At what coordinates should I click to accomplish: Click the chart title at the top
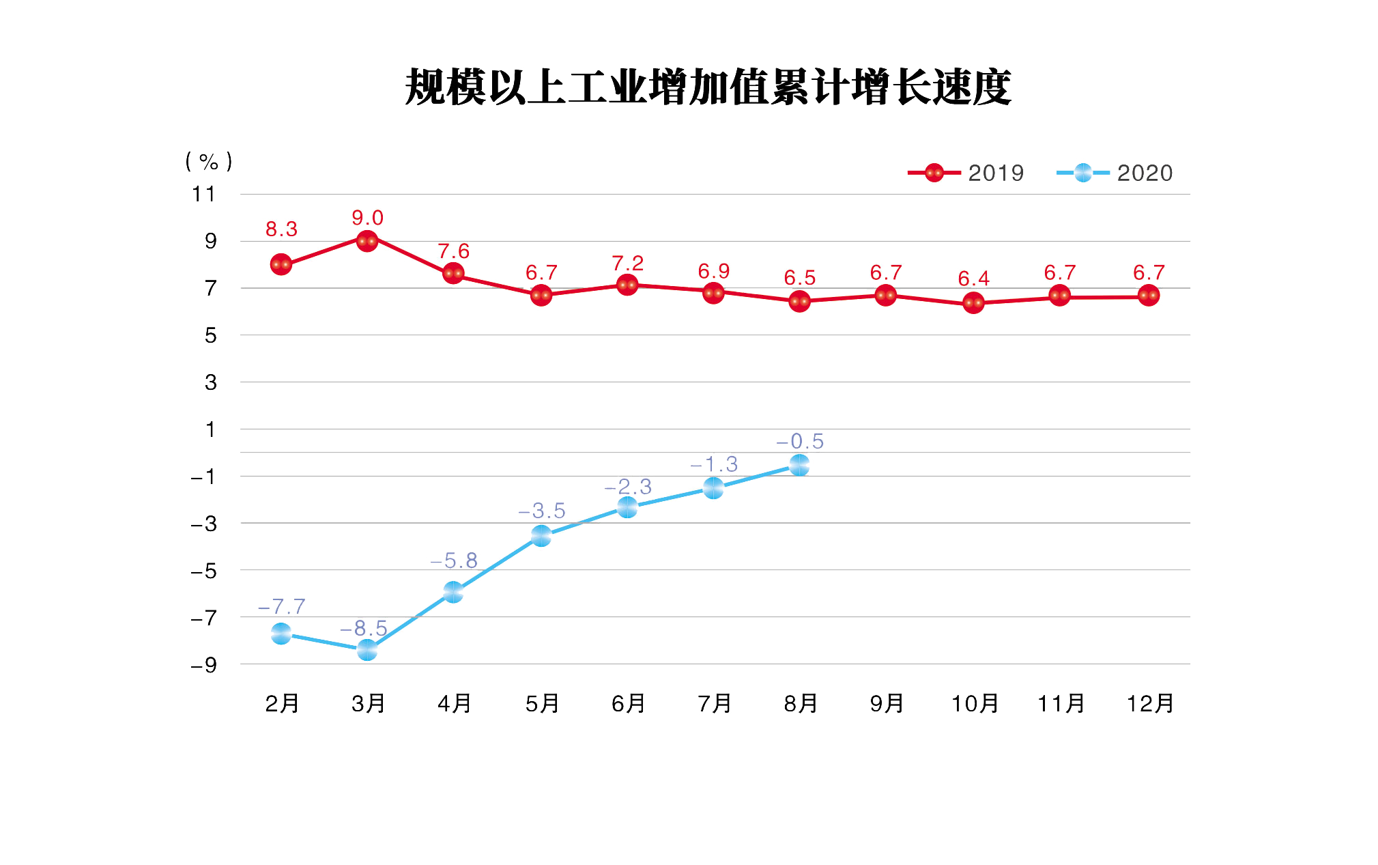708,87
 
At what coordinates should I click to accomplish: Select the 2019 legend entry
966,173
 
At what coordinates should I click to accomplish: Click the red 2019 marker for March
367,241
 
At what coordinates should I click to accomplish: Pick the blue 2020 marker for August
799,466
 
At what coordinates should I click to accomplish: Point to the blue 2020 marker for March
367,651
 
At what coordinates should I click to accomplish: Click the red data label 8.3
281,229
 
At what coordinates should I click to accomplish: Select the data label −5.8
454,561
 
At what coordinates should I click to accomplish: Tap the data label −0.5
800,442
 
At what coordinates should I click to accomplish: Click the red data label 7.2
627,264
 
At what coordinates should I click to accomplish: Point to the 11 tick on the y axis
203,195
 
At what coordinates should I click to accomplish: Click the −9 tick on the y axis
203,665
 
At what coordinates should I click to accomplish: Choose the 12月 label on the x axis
1149,703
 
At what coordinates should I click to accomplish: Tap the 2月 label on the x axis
282,703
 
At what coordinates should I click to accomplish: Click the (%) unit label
208,162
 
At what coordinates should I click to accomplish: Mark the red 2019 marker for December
1149,296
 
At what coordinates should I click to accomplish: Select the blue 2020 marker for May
541,537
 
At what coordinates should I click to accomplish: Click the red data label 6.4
973,279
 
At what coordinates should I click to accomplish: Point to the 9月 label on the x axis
887,703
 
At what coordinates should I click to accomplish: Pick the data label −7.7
281,606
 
